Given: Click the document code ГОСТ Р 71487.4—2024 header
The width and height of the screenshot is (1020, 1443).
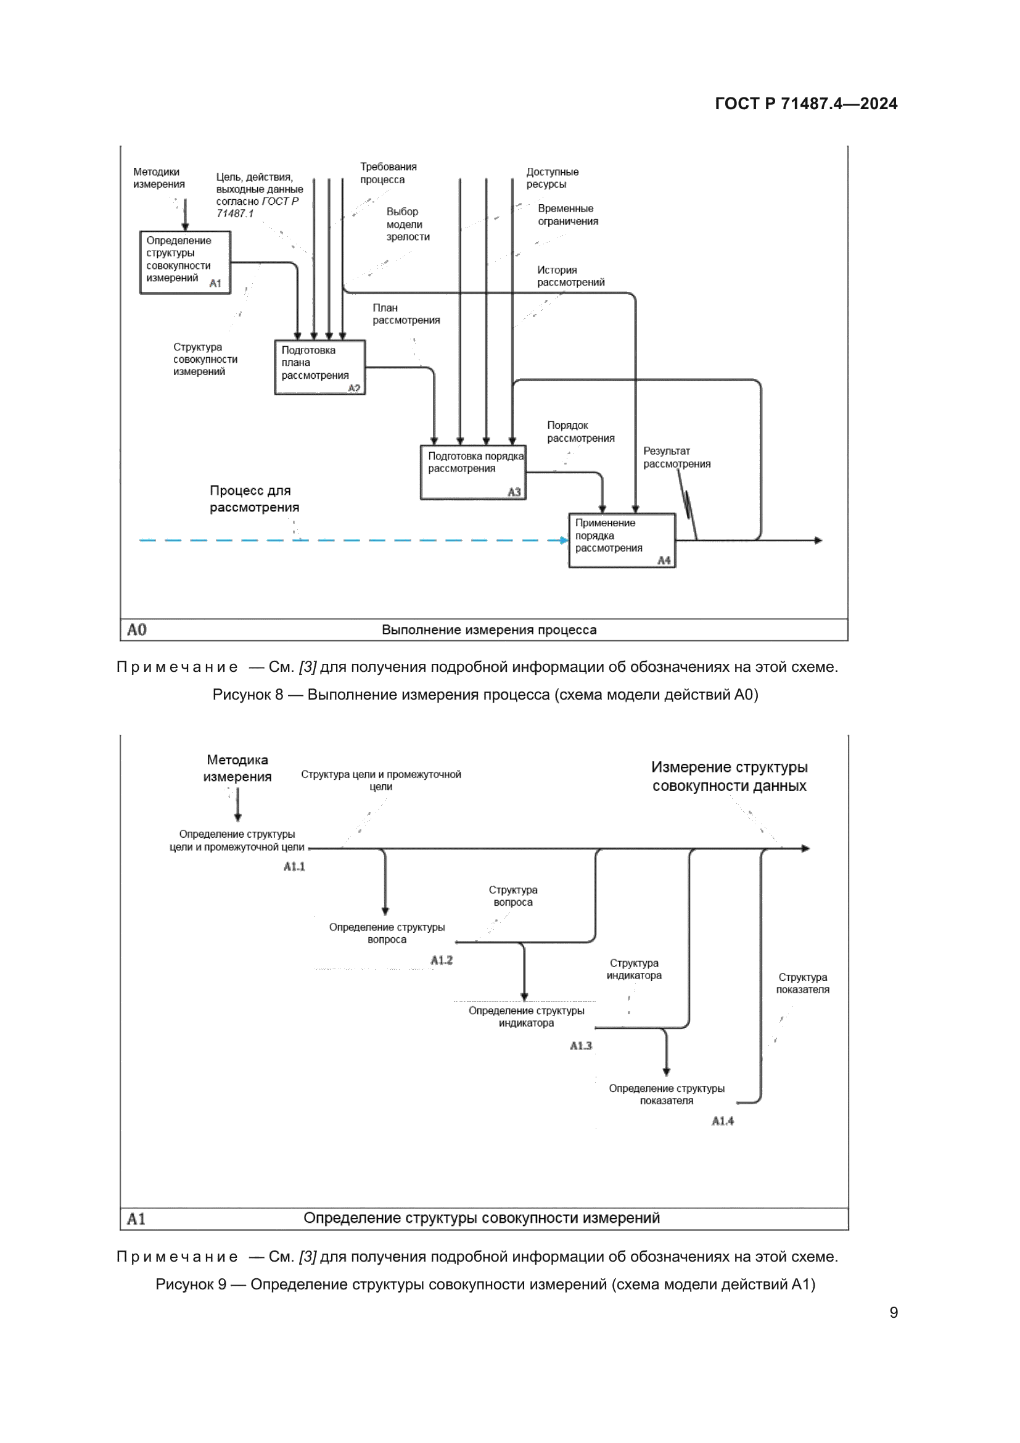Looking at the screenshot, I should coord(806,104).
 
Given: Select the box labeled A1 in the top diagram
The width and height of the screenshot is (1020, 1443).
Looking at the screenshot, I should coord(184,262).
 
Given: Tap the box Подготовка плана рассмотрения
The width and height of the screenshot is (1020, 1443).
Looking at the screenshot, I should coord(319,367).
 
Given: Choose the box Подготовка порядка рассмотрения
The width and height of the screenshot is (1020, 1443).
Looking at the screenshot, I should coord(473,472).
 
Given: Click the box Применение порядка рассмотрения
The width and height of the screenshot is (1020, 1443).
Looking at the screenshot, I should coord(622,540).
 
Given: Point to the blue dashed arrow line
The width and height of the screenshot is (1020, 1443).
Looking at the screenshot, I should coord(352,540).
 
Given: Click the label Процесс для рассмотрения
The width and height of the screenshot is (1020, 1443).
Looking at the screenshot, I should coord(254,499).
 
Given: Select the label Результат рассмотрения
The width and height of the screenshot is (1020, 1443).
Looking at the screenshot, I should coord(677,458).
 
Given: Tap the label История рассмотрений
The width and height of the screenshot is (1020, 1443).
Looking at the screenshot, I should coord(570,276).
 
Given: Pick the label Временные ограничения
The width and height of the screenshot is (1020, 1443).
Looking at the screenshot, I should coord(568,215).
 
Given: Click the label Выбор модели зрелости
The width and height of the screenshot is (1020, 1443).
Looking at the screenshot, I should coord(408,225).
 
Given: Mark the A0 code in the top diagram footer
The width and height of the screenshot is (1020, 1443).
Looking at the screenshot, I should coord(136,630).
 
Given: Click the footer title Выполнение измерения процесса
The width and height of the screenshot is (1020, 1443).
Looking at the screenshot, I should coord(488,630).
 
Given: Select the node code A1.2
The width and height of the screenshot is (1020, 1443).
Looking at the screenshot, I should coord(442,960).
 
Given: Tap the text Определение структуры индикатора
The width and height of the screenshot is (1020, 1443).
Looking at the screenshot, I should coord(526,1016).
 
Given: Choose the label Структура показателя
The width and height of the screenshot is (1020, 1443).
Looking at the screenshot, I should coord(802,983).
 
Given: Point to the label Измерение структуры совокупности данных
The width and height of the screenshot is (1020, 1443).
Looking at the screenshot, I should coord(728,776).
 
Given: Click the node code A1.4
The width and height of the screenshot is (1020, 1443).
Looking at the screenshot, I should coord(722,1120).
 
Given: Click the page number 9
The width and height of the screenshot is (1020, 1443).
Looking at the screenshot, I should coord(893,1312).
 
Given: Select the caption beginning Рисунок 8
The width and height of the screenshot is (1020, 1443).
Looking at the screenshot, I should coord(485,695).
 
